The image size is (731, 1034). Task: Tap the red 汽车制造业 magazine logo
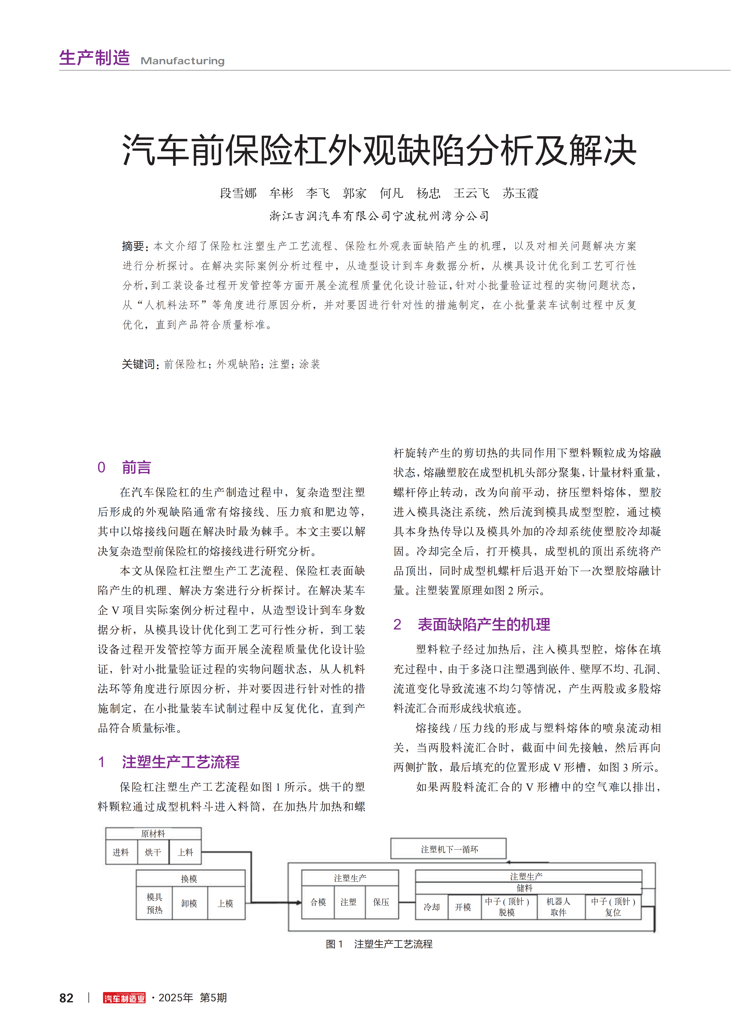pos(124,998)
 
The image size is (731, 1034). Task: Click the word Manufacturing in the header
pos(182,61)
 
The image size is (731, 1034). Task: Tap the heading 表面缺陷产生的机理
pos(484,625)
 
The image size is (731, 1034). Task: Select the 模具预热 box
pos(154,903)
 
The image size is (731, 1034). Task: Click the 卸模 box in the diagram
pos(189,903)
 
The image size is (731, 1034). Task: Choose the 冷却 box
pos(431,907)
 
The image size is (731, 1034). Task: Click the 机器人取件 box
pos(559,907)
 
